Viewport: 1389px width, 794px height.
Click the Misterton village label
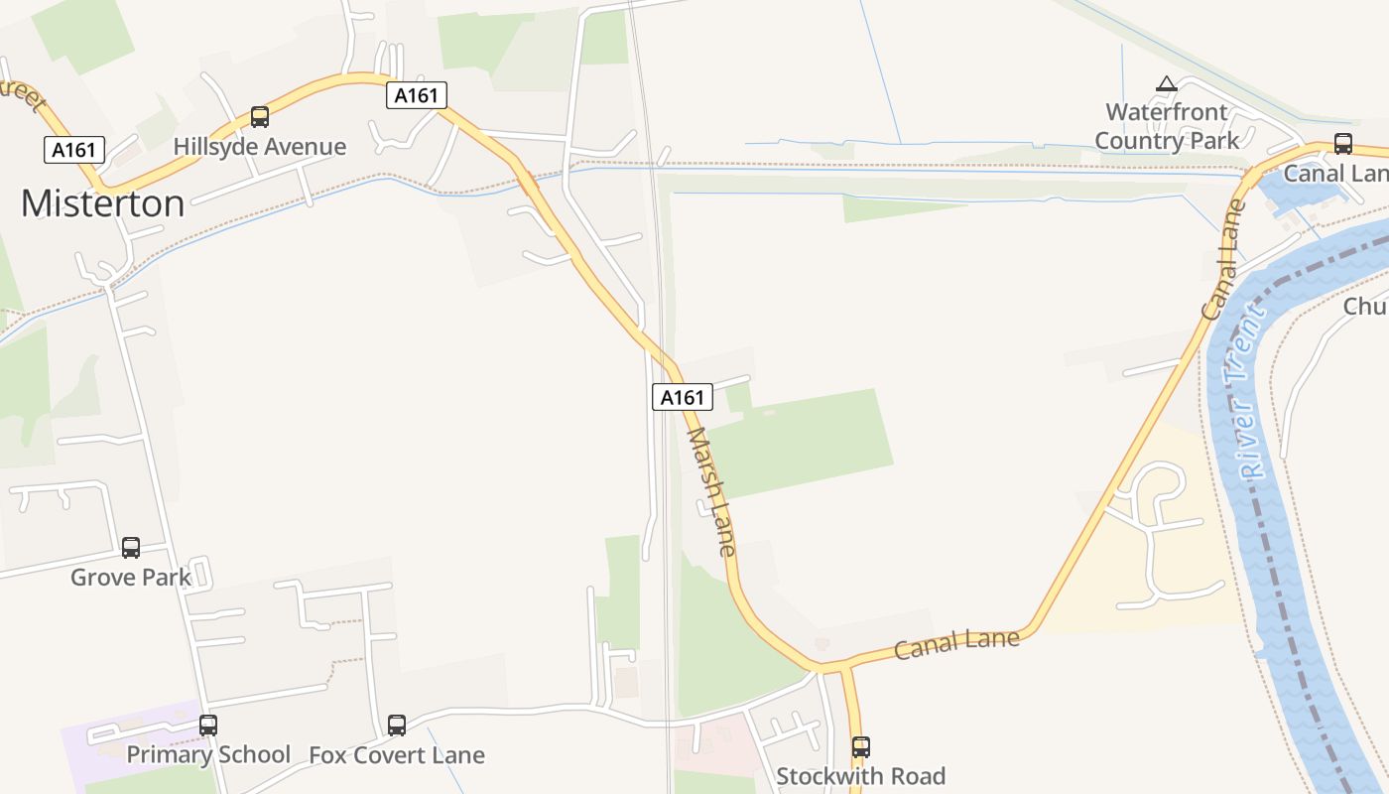(102, 203)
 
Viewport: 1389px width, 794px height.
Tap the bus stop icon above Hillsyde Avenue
(260, 117)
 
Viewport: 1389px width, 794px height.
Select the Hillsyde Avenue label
(260, 147)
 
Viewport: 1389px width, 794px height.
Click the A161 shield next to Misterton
(74, 150)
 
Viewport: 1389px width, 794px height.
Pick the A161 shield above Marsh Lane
(683, 397)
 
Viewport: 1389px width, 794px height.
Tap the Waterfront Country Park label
(1167, 126)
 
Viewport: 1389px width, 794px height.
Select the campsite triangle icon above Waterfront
(1167, 84)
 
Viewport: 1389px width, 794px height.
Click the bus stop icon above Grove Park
(131, 547)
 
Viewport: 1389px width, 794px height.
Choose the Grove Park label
(131, 577)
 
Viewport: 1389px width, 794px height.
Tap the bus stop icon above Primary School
(208, 725)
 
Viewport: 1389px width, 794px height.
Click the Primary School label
(208, 754)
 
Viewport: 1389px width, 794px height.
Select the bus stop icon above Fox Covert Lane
(397, 725)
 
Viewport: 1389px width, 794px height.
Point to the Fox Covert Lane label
(397, 754)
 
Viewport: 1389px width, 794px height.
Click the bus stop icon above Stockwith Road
(861, 746)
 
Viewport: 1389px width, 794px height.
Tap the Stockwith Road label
(861, 775)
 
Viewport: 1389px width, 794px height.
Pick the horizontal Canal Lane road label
(956, 643)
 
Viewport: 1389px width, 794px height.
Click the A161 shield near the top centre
(417, 95)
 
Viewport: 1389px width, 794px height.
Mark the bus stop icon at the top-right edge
(1343, 143)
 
